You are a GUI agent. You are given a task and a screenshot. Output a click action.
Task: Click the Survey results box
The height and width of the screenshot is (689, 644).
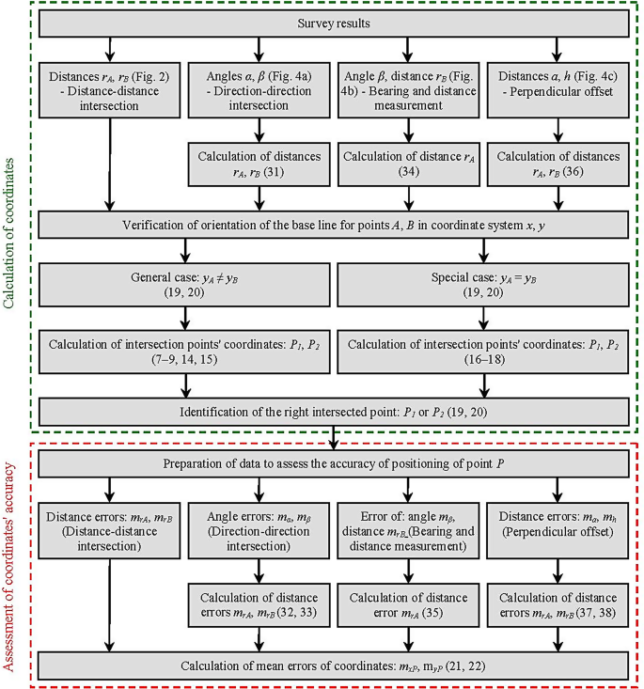point(334,23)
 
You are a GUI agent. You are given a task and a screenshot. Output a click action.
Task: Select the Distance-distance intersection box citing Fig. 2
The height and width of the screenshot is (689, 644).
point(109,90)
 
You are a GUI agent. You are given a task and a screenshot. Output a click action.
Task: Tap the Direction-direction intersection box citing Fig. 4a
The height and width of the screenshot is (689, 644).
point(259,90)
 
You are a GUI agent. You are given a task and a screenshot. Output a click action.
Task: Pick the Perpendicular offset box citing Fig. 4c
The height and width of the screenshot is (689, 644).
point(558,90)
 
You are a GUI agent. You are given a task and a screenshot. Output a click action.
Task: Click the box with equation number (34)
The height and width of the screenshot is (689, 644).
point(408,164)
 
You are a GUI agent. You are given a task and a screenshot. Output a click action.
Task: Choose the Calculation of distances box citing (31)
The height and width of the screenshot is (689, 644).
point(259,164)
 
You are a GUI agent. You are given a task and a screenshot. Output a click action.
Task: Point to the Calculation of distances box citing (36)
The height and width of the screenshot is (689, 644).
point(558,164)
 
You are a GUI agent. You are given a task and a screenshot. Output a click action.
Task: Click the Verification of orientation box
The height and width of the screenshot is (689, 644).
point(334,225)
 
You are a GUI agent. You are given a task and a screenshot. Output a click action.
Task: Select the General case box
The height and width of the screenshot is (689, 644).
point(184,285)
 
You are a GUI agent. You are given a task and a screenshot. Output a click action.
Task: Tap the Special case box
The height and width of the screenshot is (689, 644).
point(483,285)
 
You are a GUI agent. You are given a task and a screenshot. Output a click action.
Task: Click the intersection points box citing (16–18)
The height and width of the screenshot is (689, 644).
point(483,352)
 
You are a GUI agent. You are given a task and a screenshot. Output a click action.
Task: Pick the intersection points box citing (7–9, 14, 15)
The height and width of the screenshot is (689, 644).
point(184,352)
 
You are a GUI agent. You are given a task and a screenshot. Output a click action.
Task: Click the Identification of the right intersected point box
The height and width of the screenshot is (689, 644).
point(334,412)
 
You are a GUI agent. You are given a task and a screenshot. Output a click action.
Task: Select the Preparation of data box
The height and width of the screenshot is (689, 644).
point(334,464)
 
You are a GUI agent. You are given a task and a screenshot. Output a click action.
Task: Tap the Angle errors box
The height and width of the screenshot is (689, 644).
point(259,531)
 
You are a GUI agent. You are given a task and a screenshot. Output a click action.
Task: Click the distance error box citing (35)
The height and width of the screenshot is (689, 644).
point(408,605)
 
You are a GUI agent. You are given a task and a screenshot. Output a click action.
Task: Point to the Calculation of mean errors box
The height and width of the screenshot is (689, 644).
point(334,666)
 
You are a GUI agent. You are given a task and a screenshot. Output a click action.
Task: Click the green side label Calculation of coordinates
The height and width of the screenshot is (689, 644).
point(8,233)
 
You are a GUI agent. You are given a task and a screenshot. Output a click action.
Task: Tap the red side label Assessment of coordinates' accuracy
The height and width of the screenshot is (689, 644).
point(8,567)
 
